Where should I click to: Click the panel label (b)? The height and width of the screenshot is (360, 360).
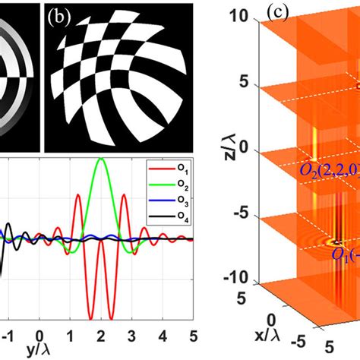click(60, 15)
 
